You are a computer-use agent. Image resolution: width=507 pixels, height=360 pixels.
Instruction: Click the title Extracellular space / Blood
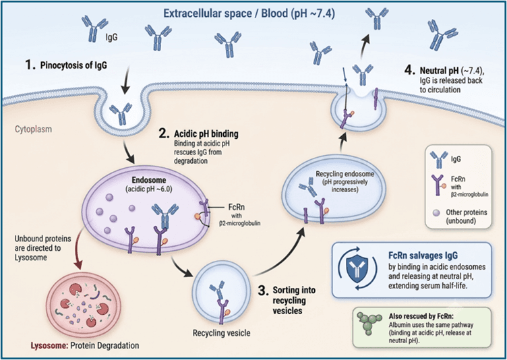pos(225,13)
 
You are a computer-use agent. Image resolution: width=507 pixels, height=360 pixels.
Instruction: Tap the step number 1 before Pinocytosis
pos(30,65)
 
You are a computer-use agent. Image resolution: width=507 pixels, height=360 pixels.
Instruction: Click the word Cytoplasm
pos(33,129)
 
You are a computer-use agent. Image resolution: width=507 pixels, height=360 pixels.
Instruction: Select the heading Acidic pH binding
pos(206,133)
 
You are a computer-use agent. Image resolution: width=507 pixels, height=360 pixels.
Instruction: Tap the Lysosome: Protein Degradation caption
pos(85,345)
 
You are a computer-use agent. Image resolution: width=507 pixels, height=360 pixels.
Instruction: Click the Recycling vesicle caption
pos(222,332)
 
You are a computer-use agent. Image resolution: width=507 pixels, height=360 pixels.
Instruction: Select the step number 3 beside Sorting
pos(263,291)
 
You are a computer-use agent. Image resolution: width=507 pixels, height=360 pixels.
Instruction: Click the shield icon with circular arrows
pos(357,268)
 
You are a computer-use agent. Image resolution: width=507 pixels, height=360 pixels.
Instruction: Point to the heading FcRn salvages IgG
pos(423,256)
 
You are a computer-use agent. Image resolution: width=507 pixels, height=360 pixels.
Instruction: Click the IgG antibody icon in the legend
pos(439,160)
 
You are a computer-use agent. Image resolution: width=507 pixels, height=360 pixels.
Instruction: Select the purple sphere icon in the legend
pos(437,212)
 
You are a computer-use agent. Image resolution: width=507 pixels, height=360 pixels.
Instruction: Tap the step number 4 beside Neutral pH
pos(410,70)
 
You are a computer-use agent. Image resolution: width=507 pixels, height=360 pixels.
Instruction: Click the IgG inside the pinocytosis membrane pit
pos(121,113)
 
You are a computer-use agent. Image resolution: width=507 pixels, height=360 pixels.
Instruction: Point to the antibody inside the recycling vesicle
pos(216,290)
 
